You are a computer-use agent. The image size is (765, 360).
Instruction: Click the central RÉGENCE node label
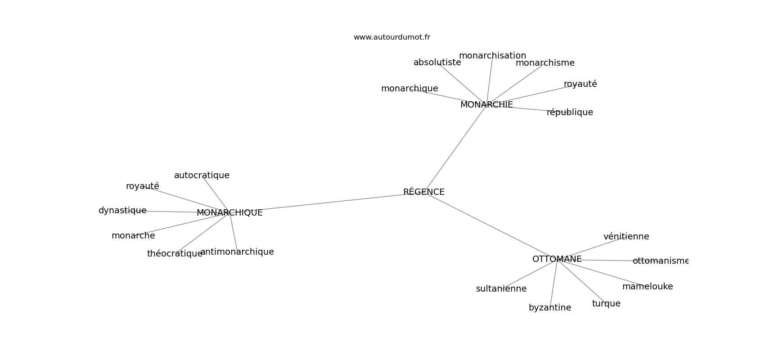[x=424, y=192]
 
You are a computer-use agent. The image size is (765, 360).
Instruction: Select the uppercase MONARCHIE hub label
[x=486, y=104]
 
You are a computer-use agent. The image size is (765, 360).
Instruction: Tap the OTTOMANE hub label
[x=557, y=259]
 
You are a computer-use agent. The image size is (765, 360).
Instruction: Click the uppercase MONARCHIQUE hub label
[x=229, y=213]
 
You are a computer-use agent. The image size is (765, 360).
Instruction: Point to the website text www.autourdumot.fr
[x=391, y=37]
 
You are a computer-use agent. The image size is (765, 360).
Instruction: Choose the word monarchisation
[x=492, y=55]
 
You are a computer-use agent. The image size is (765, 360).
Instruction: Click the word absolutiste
[x=437, y=62]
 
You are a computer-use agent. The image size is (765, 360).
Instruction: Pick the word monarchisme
[x=545, y=63]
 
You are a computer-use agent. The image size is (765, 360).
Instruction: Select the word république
[x=570, y=112]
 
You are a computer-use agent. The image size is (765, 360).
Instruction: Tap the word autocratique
[x=202, y=175]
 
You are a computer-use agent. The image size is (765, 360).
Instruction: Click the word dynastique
[x=122, y=211]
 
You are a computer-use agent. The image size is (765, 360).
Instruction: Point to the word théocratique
[x=175, y=254]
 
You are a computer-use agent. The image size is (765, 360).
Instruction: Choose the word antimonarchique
[x=237, y=252]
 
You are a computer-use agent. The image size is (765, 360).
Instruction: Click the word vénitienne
[x=626, y=236]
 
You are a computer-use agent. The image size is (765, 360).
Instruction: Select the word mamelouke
[x=648, y=287]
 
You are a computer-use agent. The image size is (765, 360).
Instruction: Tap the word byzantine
[x=550, y=308]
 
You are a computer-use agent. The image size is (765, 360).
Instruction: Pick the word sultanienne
[x=501, y=288]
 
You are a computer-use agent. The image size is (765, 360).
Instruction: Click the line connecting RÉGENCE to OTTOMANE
[x=490, y=226]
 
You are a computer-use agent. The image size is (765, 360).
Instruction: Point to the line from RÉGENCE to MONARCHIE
[x=455, y=149]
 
